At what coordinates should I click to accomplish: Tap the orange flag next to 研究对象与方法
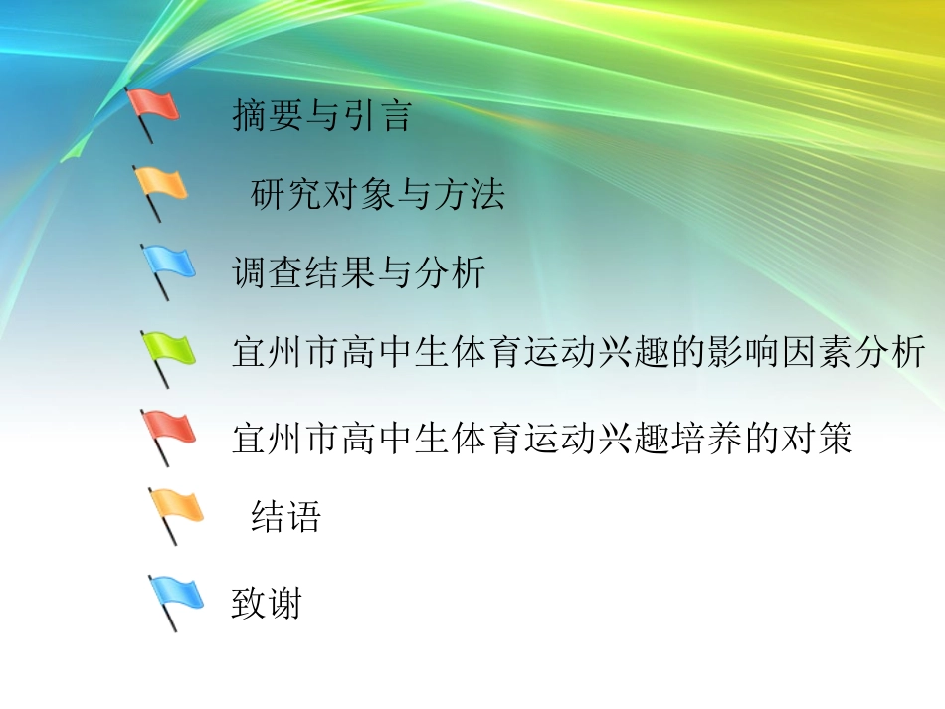(x=161, y=185)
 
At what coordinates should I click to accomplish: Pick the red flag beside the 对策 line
(x=168, y=430)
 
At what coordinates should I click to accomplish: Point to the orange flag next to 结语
(x=176, y=508)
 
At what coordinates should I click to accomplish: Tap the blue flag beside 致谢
(x=176, y=595)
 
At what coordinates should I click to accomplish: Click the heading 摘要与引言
(x=320, y=115)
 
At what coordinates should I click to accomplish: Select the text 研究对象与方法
(x=377, y=194)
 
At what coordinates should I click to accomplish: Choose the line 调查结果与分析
(x=358, y=271)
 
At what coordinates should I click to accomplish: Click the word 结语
(x=285, y=517)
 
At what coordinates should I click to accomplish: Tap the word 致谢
(x=266, y=604)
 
